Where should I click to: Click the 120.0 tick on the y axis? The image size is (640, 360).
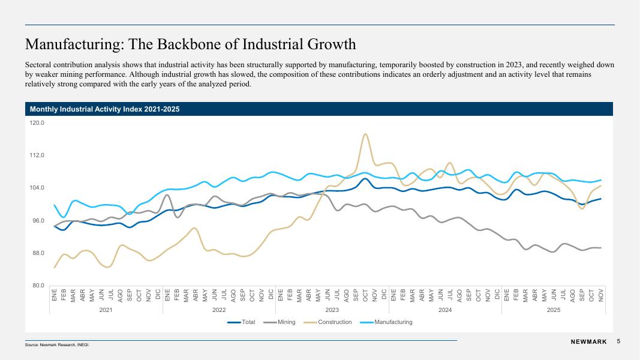pyautogui.click(x=37, y=123)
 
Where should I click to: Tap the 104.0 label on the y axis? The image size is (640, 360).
pyautogui.click(x=37, y=188)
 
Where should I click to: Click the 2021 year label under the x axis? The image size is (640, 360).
pyautogui.click(x=106, y=310)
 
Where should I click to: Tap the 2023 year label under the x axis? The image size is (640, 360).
pyautogui.click(x=332, y=310)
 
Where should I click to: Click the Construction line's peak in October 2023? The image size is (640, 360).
pyautogui.click(x=365, y=134)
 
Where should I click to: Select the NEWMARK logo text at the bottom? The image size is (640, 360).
pyautogui.click(x=588, y=342)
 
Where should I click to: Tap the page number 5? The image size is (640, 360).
pyautogui.click(x=618, y=341)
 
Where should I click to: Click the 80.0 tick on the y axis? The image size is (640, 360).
pyautogui.click(x=38, y=286)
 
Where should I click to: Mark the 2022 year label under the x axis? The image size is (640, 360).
pyautogui.click(x=219, y=310)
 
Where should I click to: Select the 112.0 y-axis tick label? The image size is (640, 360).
pyautogui.click(x=37, y=155)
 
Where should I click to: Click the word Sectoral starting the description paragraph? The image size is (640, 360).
pyautogui.click(x=39, y=64)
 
